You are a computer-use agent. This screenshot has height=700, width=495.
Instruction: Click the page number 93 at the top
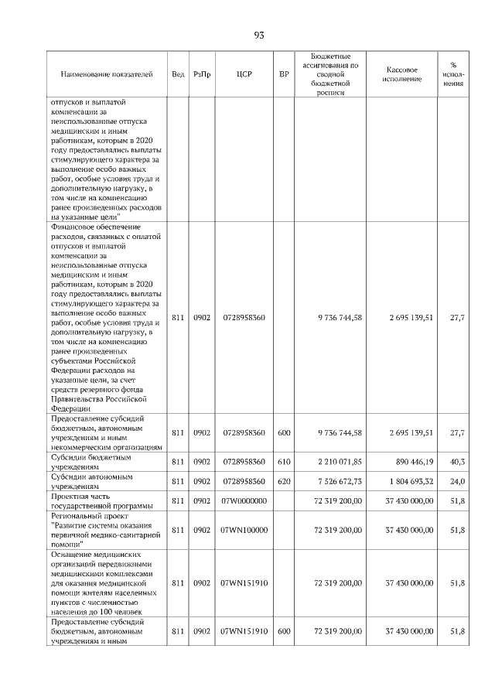click(258, 35)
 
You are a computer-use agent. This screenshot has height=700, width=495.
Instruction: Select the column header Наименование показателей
click(106, 74)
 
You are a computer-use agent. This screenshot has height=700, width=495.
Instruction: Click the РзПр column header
click(202, 74)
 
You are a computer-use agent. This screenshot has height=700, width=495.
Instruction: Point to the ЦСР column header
click(244, 74)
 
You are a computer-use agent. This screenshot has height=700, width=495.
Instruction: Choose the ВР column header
click(284, 74)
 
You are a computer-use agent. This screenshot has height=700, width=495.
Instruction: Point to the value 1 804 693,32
click(407, 481)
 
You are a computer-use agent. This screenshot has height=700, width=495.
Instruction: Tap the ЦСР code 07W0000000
click(244, 501)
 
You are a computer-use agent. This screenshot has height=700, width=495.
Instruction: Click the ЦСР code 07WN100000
click(244, 530)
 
